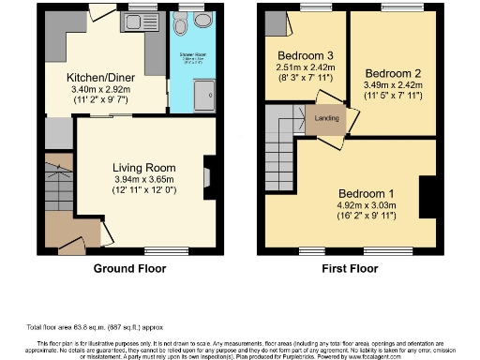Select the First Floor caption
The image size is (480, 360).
tap(348, 266)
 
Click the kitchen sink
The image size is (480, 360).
tap(140, 26)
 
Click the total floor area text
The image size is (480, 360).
tap(94, 327)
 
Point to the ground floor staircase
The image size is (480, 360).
tap(55, 187)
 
